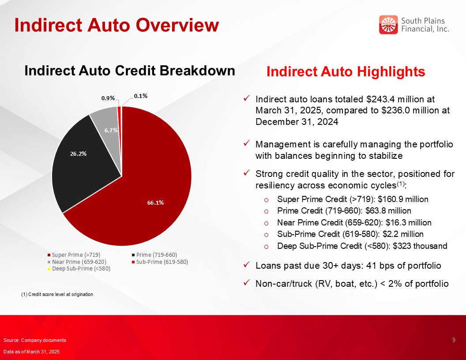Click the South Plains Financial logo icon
pos(388,25)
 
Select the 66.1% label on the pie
pos(155,202)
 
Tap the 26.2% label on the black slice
pos(78,154)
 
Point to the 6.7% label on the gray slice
pos(111,130)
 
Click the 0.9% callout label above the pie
pos(108,98)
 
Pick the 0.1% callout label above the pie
pos(141,96)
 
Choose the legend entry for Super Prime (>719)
pos(74,255)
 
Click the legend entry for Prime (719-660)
pos(154,255)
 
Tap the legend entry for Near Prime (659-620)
pos(77,262)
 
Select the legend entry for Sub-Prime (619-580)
pos(160,262)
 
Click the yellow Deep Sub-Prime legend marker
pos(49,269)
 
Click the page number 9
pos(454,340)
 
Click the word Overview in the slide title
pos(178,25)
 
